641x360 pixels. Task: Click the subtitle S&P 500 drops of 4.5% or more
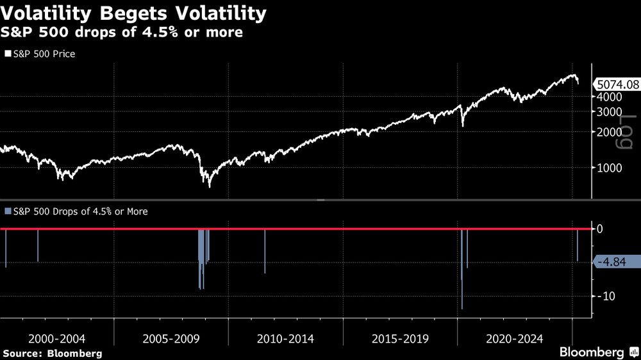pos(122,33)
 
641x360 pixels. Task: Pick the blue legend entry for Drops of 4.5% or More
pos(76,211)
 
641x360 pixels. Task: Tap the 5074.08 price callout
pos(617,83)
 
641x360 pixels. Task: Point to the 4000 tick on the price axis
pos(610,97)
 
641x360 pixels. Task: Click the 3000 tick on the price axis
pos(610,111)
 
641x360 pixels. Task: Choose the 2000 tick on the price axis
pos(610,132)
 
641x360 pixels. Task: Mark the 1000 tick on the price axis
pos(610,168)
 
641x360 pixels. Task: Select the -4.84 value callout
pos(617,261)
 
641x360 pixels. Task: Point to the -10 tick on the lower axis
pos(606,296)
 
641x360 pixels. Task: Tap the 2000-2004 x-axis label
pos(57,338)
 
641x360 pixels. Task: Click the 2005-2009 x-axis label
pos(171,338)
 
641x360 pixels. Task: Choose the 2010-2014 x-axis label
pos(286,338)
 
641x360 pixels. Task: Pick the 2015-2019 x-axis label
pos(401,338)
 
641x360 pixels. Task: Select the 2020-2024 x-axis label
pos(515,338)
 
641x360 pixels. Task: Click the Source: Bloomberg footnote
pos(53,353)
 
